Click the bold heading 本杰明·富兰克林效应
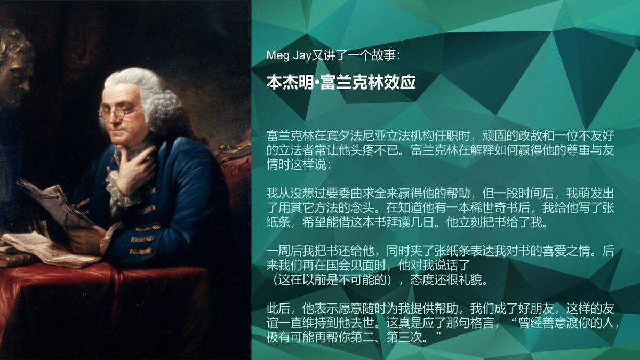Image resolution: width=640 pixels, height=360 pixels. point(341,83)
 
